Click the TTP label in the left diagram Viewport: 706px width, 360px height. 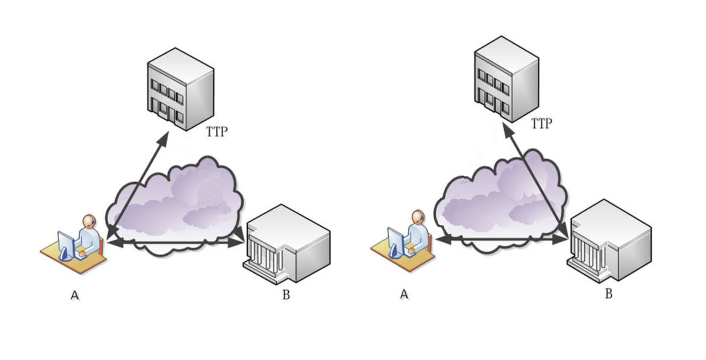tap(216, 131)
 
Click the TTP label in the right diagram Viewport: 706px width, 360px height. tap(541, 124)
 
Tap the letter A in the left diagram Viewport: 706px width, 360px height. tap(75, 295)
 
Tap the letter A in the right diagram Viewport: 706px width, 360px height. tap(404, 294)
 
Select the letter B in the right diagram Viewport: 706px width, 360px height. tap(609, 294)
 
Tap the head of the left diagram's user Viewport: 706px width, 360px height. tap(89, 222)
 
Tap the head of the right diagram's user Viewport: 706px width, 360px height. tap(417, 217)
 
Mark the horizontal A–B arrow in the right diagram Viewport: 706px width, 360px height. tap(500, 239)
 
